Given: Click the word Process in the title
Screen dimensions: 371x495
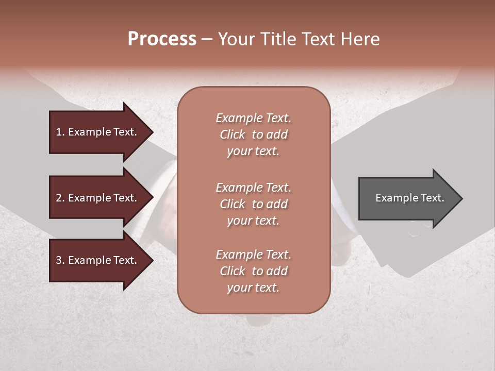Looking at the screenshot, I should coord(162,39).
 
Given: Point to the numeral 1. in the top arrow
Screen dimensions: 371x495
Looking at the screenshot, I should coord(60,132).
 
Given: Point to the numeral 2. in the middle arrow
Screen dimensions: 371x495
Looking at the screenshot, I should coord(60,198).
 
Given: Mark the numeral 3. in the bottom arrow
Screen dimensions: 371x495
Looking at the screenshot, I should coord(60,260).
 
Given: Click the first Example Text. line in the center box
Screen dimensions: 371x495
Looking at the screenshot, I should coord(253,118).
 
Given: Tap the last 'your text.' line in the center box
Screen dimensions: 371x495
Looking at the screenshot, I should coord(253,288).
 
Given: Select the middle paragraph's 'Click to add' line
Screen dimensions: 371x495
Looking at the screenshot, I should coord(253,204).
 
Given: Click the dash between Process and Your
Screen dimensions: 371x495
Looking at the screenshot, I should coord(207,39).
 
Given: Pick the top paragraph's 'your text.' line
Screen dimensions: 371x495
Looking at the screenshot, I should coord(253,151).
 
